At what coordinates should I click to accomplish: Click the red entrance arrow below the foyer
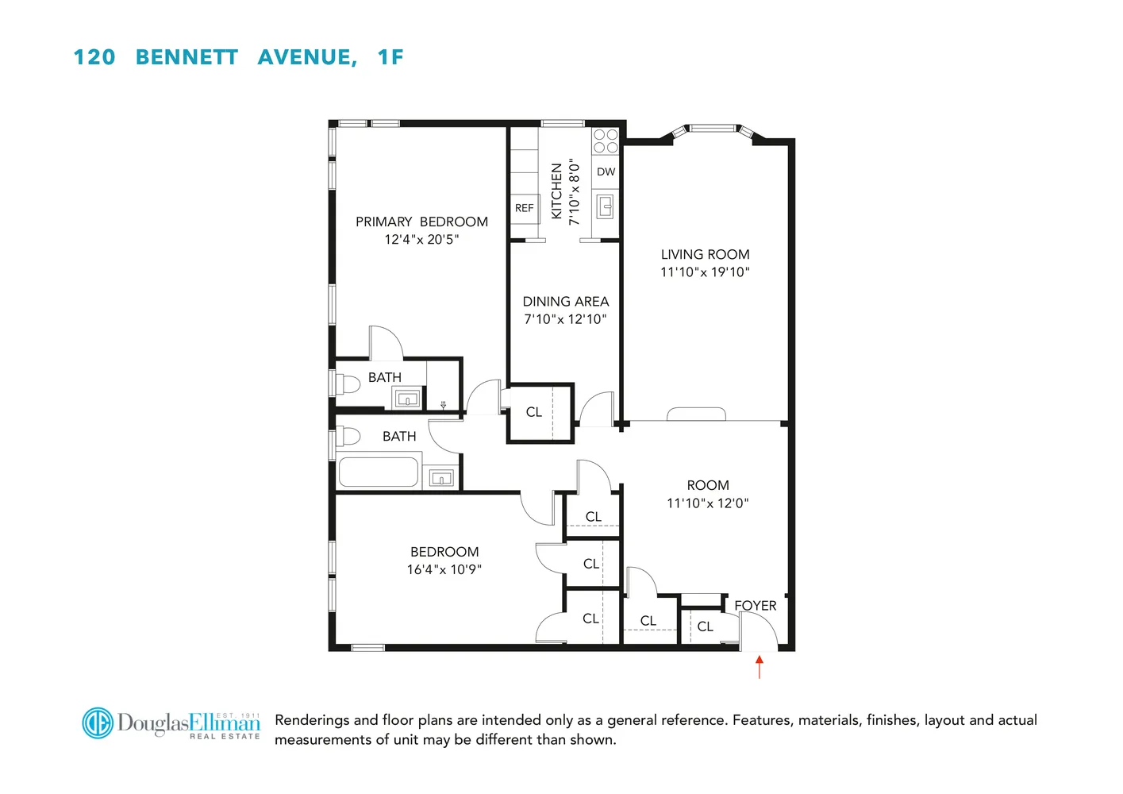tap(760, 666)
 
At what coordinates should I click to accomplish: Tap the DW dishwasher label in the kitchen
tap(606, 172)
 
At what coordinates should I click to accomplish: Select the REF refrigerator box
tap(524, 208)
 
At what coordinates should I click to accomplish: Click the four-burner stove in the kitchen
tap(606, 141)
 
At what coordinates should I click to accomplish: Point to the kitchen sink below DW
tap(606, 207)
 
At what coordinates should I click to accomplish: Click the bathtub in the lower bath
tap(379, 472)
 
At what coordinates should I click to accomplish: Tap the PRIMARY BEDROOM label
tap(421, 222)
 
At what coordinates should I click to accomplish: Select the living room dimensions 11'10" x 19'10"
tap(705, 272)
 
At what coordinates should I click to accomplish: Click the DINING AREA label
tap(565, 302)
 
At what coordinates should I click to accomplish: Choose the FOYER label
tap(755, 606)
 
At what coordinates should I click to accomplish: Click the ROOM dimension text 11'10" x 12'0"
tap(707, 503)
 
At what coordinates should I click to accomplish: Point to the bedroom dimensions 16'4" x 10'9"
tap(444, 569)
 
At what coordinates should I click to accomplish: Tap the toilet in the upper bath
tap(347, 384)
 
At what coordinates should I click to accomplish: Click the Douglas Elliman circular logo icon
tap(98, 723)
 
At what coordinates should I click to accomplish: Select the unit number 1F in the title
tap(390, 57)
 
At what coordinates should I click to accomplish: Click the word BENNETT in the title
tap(187, 57)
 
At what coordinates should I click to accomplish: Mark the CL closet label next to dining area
tap(534, 412)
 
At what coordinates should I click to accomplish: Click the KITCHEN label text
tap(556, 191)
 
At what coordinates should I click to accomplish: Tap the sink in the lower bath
tap(441, 478)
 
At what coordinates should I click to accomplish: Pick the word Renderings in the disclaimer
tap(312, 720)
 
